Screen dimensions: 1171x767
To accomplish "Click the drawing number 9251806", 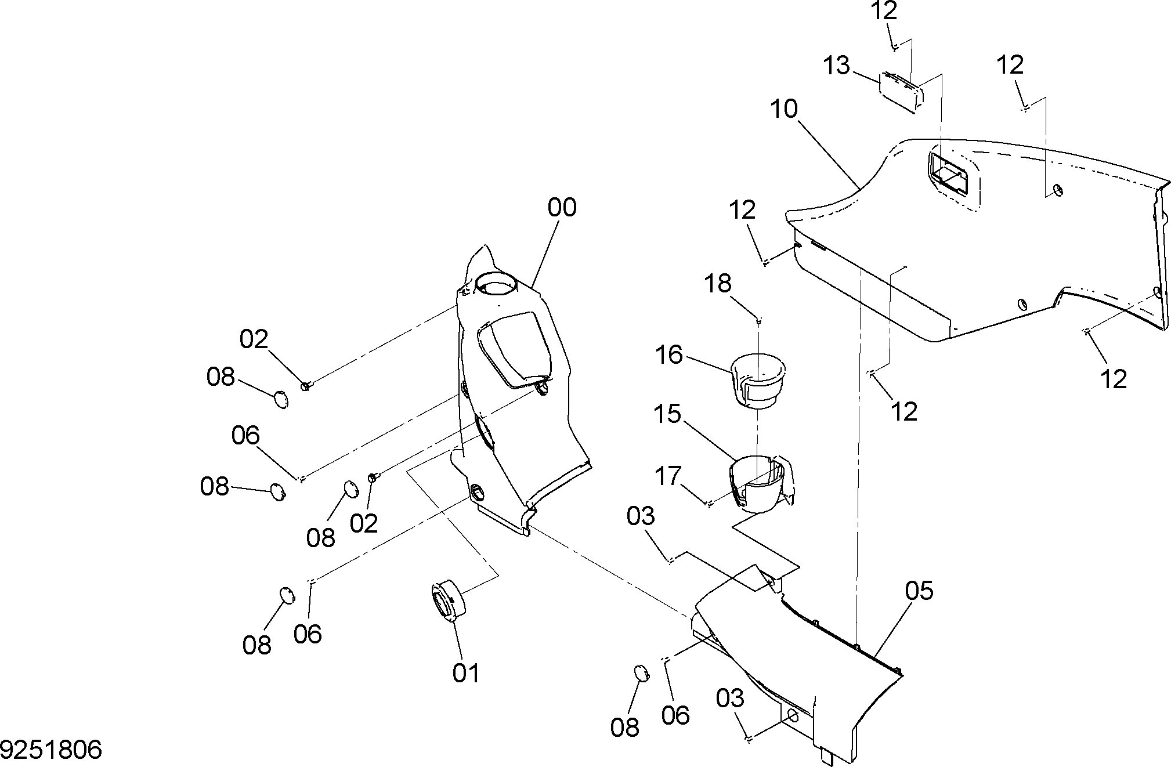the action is (51, 750).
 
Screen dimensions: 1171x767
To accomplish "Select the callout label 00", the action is (562, 207).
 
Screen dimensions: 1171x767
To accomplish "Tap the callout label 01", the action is (467, 673).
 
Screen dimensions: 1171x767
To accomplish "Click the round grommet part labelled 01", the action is (448, 601).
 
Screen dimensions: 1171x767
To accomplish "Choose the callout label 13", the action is (837, 66).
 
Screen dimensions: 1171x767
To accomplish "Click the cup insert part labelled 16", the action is (757, 380).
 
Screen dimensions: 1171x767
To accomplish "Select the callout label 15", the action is (667, 414).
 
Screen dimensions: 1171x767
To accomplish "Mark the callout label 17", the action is (667, 476).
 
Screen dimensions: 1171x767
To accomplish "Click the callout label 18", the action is (718, 284).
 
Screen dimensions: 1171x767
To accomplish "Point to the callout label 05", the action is (919, 591).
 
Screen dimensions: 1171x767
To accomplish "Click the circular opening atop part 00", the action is (496, 284).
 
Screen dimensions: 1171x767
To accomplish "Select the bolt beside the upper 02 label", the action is (306, 385).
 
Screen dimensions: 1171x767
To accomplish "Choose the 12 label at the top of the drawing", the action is (884, 10).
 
